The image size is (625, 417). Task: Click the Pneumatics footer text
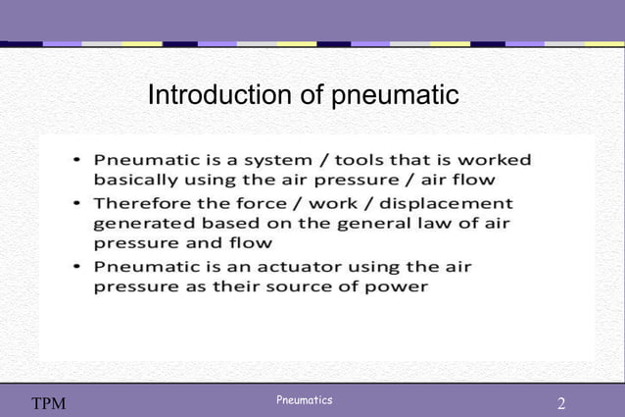point(304,399)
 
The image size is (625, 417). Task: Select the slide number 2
point(560,403)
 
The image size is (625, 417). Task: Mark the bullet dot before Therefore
point(78,202)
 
